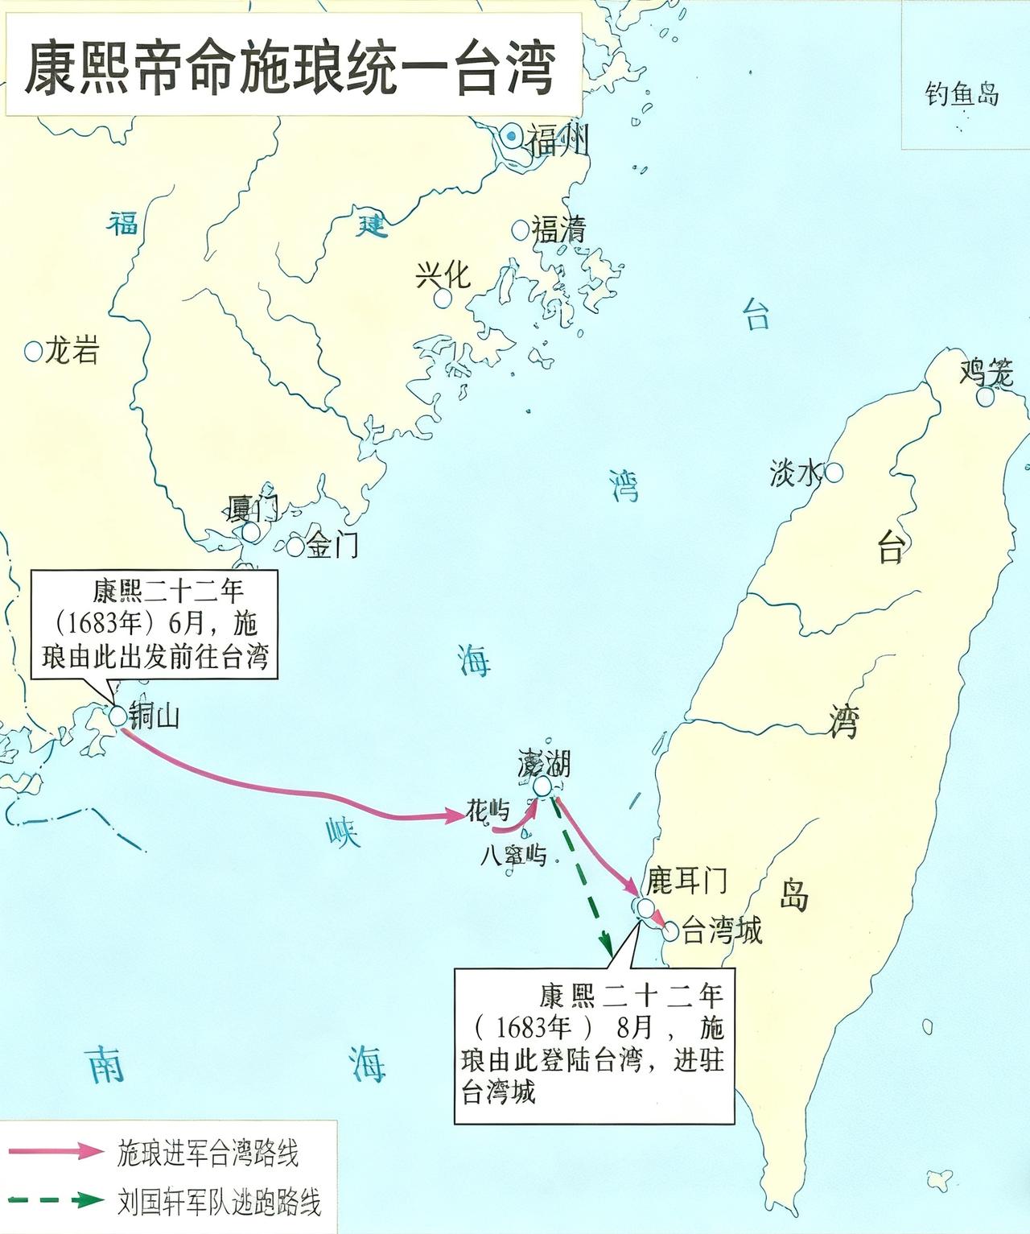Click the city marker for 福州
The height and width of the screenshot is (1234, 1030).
click(511, 138)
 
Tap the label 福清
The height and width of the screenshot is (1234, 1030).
click(558, 230)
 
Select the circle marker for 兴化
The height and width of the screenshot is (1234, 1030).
click(442, 298)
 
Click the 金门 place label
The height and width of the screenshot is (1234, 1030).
click(332, 546)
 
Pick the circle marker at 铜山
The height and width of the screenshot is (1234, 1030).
click(118, 715)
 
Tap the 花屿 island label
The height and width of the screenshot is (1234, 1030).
click(488, 811)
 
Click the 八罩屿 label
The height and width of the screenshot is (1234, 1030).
click(513, 854)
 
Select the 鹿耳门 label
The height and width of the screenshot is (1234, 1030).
click(686, 881)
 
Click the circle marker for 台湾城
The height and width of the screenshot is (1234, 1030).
click(670, 932)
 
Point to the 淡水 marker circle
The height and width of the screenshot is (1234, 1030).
click(834, 473)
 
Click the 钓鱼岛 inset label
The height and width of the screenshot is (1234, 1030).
click(962, 94)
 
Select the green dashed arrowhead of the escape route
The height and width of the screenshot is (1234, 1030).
click(606, 942)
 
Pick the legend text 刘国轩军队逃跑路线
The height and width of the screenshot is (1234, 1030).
click(219, 1203)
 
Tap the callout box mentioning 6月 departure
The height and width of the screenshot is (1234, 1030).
click(154, 624)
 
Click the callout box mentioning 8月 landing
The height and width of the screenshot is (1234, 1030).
click(594, 1045)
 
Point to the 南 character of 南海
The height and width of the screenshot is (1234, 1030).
click(105, 1064)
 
